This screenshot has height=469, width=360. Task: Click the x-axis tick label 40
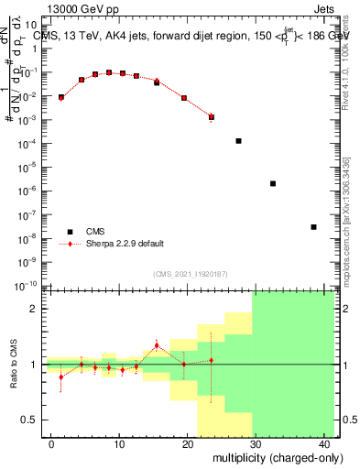(x=326, y=444)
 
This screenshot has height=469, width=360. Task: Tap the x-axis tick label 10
(x=119, y=444)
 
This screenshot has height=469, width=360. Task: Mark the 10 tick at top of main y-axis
(x=35, y=25)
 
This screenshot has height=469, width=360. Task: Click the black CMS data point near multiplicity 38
(x=313, y=227)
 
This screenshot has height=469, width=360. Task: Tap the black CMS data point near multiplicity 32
(x=273, y=183)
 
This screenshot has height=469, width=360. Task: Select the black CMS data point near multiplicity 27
(x=238, y=141)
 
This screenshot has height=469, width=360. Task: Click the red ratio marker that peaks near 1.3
(x=157, y=345)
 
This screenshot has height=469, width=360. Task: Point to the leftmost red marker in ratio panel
(x=61, y=376)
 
